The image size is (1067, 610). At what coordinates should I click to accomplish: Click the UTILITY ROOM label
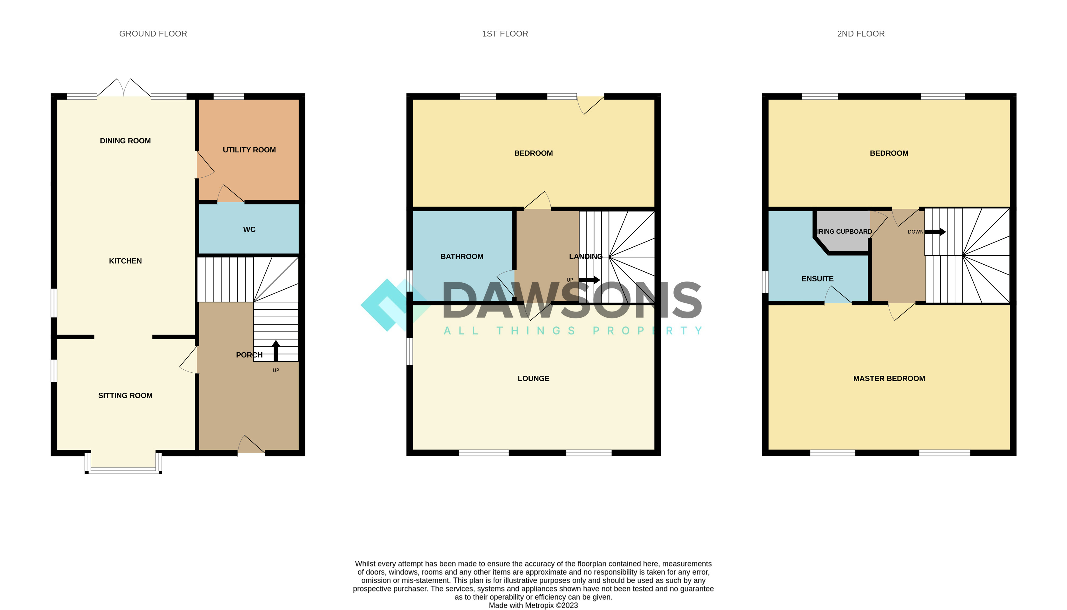click(x=249, y=150)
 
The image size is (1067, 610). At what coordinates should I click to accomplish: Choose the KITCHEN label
click(x=125, y=261)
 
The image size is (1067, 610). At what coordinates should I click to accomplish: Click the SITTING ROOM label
click(x=125, y=396)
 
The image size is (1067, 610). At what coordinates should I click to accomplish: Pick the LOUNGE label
click(x=533, y=378)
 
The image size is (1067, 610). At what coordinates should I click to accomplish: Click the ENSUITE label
click(x=817, y=279)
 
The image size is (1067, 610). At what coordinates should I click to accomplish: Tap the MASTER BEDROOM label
click(x=889, y=378)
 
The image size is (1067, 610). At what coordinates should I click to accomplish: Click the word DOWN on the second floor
click(x=915, y=232)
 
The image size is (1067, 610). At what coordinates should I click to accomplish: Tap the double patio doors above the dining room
click(x=124, y=89)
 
